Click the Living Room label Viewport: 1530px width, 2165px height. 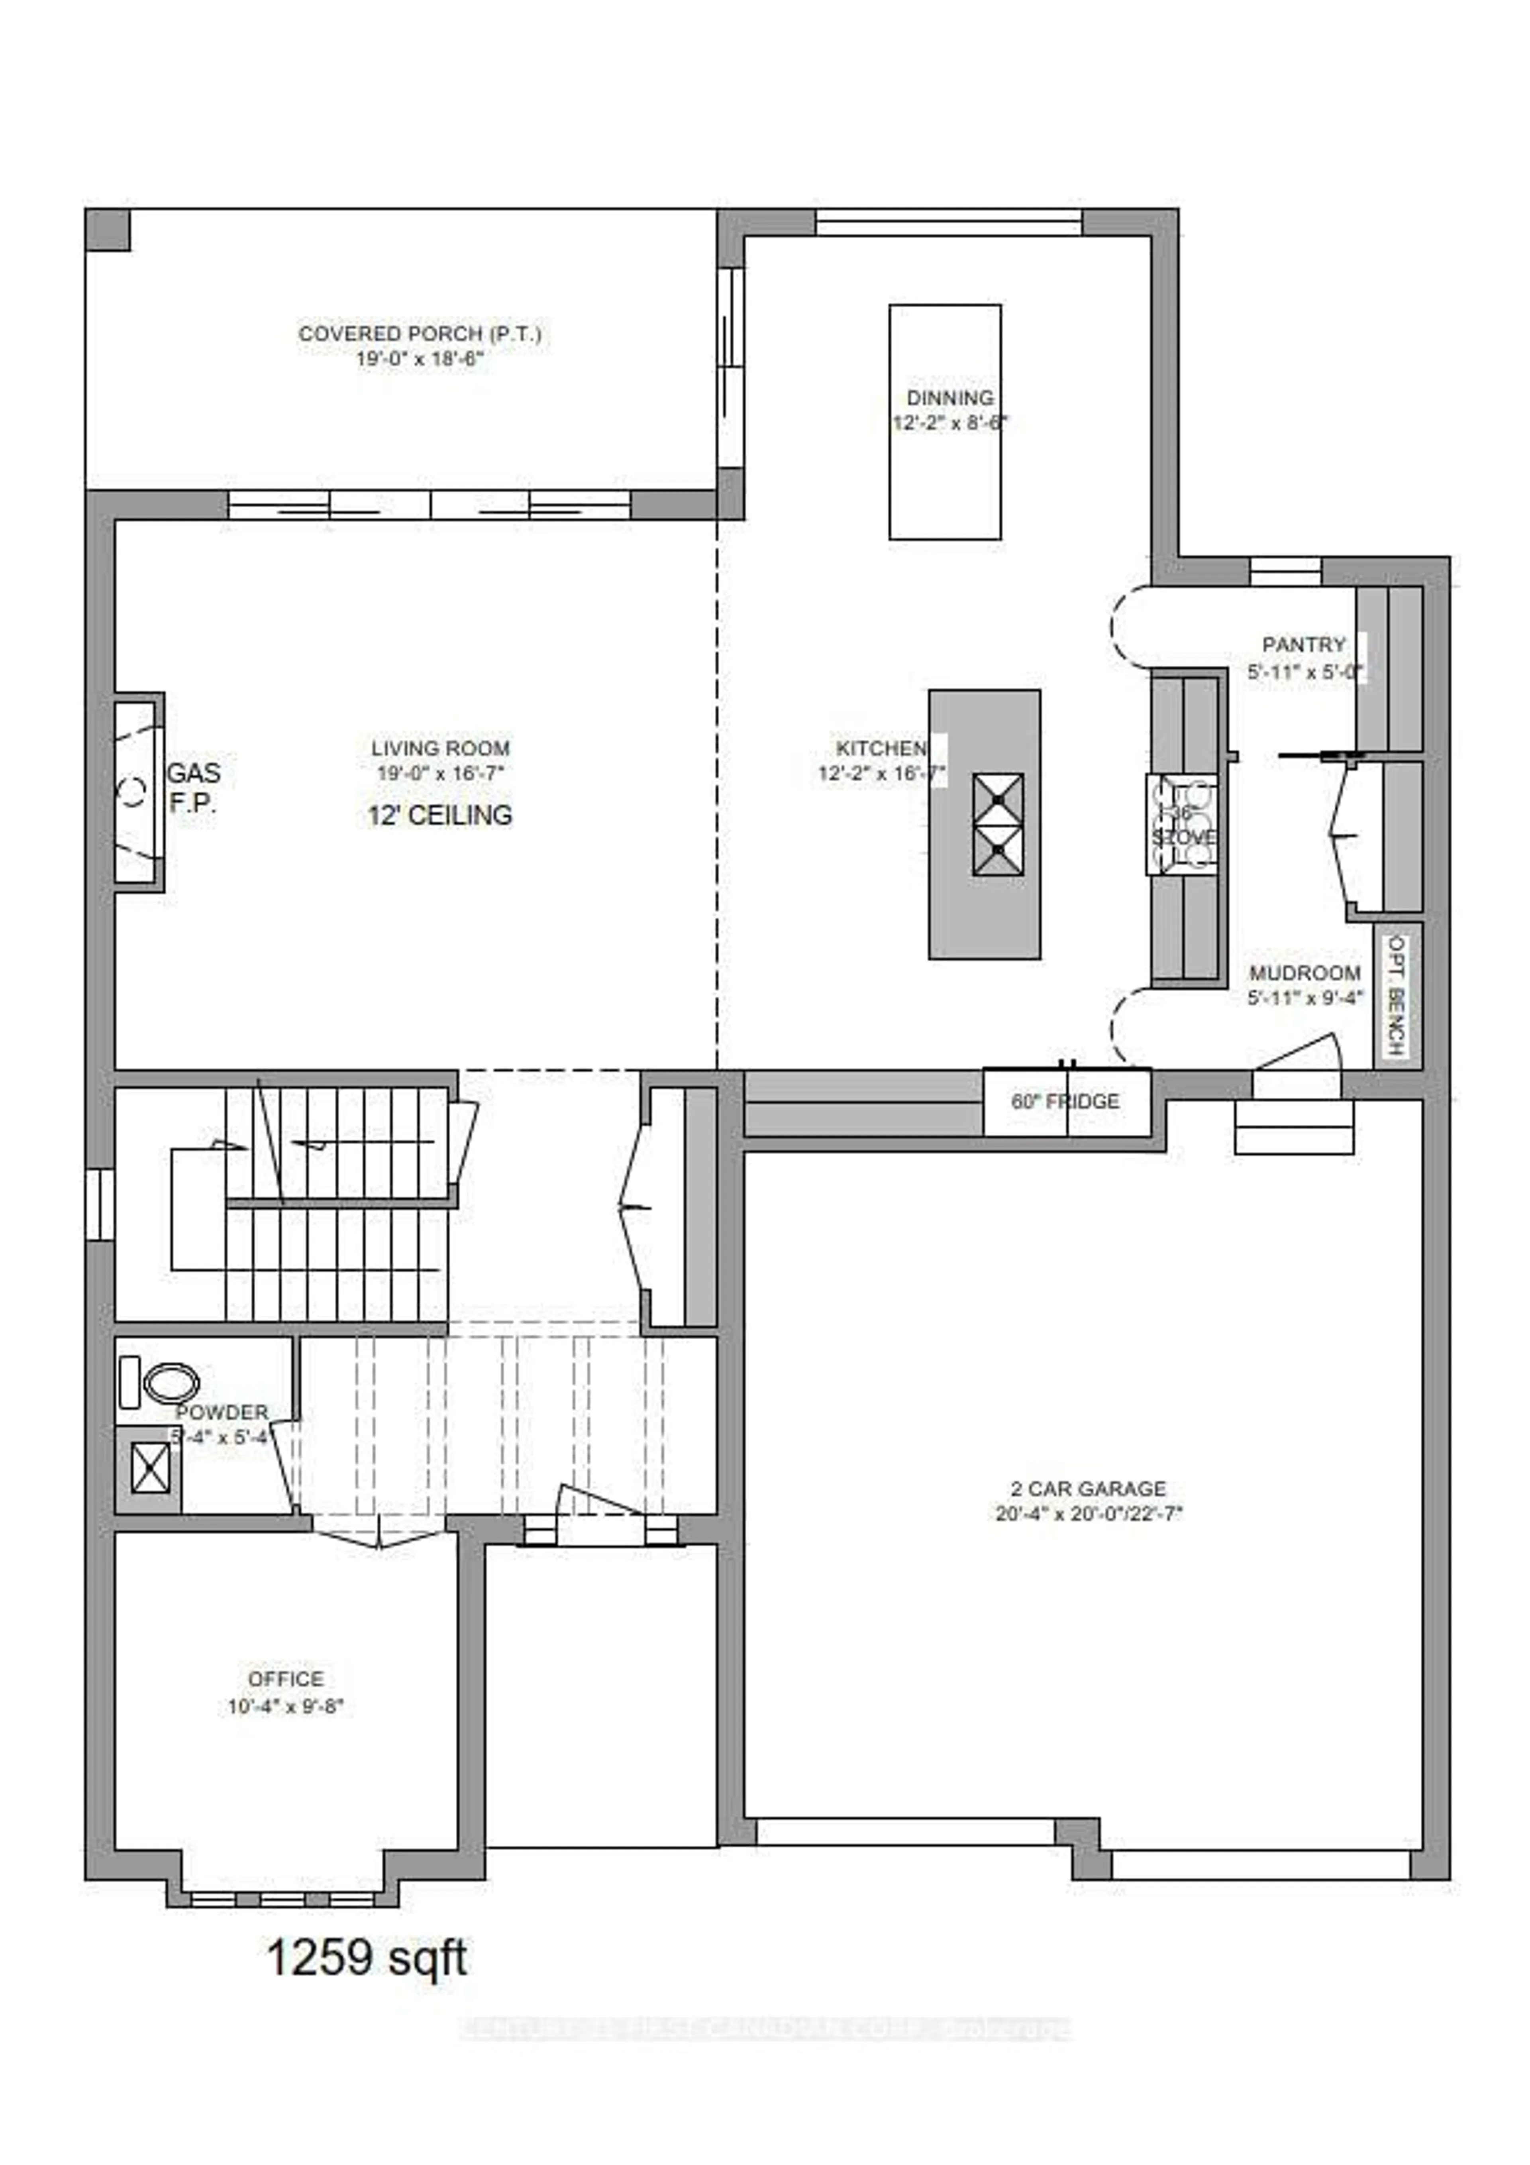coord(440,749)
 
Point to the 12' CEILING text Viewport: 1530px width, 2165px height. coord(440,815)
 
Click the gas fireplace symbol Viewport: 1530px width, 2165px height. coord(137,792)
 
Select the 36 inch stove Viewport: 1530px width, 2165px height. coord(1181,823)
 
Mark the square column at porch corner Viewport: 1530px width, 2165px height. coord(108,230)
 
